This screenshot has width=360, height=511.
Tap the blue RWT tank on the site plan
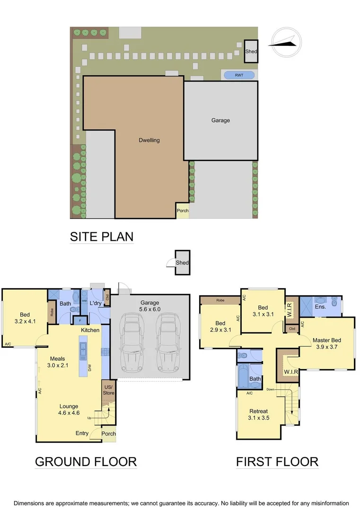click(238, 75)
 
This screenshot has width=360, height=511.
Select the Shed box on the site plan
click(251, 51)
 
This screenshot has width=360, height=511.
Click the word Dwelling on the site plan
click(149, 140)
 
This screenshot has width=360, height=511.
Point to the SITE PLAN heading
click(101, 236)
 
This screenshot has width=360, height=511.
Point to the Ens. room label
click(320, 307)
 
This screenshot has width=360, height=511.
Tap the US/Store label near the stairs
click(108, 390)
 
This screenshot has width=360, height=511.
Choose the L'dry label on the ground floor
click(96, 303)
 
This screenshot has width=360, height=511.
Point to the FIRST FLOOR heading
click(277, 461)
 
